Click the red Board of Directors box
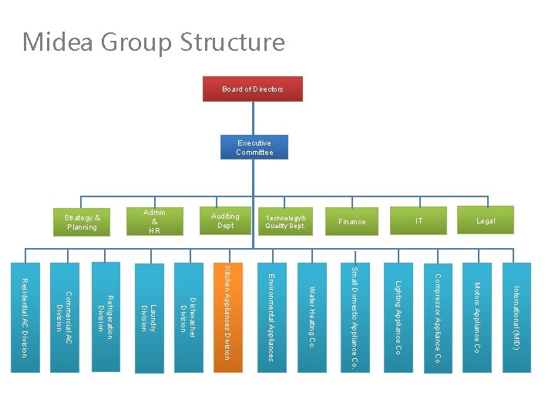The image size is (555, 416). click(252, 89)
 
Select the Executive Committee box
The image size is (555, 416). click(254, 147)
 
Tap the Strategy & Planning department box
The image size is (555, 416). click(82, 222)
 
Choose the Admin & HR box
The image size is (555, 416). click(154, 221)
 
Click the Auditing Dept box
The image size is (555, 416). click(225, 221)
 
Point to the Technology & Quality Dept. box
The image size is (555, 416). click(285, 221)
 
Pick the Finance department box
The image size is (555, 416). click(352, 221)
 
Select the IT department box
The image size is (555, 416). click(419, 221)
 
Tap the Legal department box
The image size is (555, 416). click(485, 221)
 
